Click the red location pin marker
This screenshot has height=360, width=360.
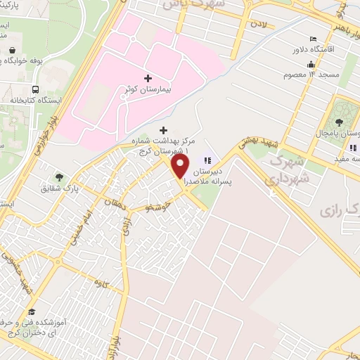click(x=181, y=167)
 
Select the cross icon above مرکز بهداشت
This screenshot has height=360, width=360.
click(x=164, y=130)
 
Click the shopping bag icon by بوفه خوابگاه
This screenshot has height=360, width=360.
click(x=13, y=49)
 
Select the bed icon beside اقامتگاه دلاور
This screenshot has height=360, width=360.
click(x=314, y=39)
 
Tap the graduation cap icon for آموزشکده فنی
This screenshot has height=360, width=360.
click(x=32, y=311)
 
